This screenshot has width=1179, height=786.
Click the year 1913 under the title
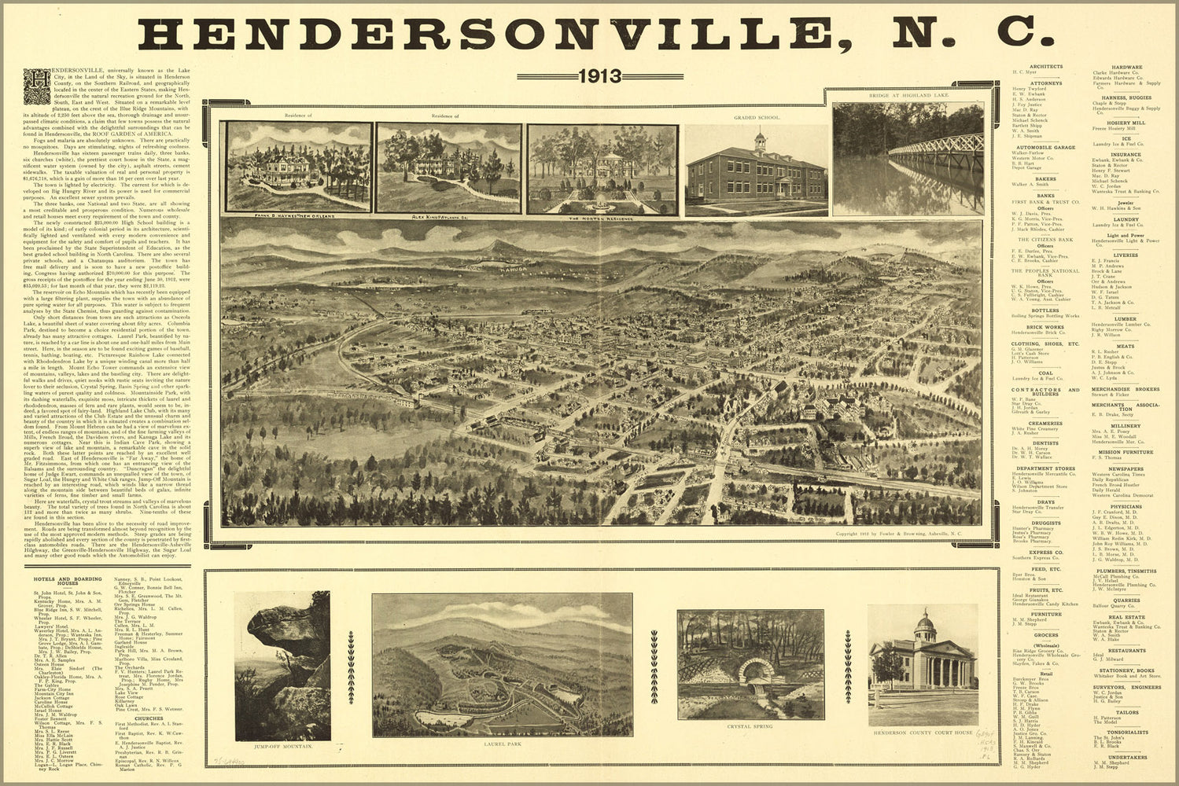pyautogui.click(x=599, y=76)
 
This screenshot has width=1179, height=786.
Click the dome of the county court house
pyautogui.click(x=925, y=623)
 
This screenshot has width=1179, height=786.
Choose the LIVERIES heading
pyautogui.click(x=1126, y=255)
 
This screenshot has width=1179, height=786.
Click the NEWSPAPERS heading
pyautogui.click(x=1126, y=468)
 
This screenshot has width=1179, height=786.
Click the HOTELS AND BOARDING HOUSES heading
pyautogui.click(x=68, y=580)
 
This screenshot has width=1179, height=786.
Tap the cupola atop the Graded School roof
pyautogui.click(x=760, y=141)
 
